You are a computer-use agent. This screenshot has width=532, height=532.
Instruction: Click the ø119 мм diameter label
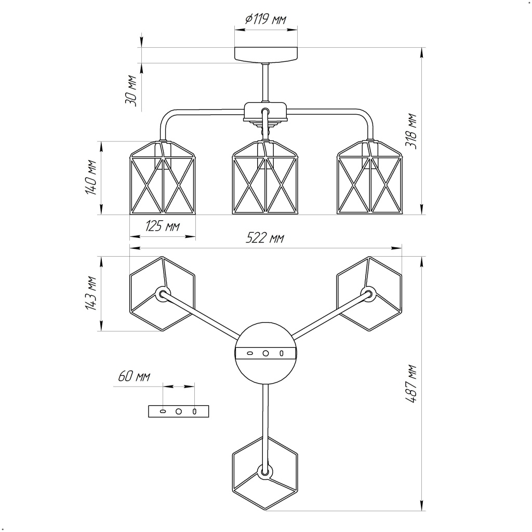[x=265, y=20]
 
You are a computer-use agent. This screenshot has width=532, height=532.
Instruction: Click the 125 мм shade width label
[x=162, y=226]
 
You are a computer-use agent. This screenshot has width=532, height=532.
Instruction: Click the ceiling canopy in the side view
[x=267, y=55]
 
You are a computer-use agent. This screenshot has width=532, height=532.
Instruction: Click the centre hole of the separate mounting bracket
[x=179, y=411]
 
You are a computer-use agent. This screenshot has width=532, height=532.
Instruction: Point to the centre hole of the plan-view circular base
[x=265, y=353]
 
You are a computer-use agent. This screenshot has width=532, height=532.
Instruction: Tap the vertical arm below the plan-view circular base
[x=266, y=416]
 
